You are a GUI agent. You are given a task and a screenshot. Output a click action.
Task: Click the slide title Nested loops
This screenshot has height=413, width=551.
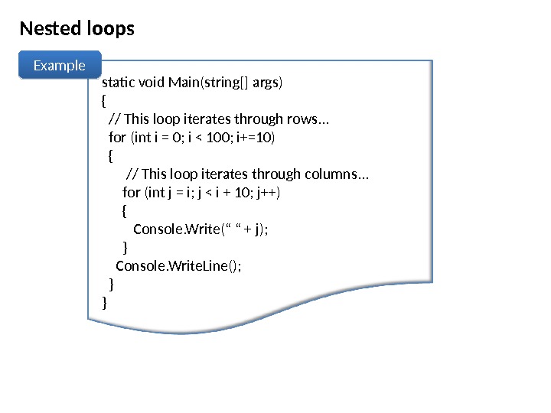point(77,29)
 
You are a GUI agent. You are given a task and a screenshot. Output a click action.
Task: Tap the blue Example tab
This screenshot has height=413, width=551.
point(60,66)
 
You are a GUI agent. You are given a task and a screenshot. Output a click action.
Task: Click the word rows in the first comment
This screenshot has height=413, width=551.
point(303,119)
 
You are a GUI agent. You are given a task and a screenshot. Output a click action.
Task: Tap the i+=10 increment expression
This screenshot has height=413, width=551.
point(256,137)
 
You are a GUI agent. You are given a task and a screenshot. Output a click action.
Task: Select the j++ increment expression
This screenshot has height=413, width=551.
point(268,192)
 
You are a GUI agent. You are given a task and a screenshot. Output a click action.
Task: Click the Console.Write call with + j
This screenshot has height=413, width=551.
point(201,229)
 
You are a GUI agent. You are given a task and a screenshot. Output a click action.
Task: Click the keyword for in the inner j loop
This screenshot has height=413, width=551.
point(132,192)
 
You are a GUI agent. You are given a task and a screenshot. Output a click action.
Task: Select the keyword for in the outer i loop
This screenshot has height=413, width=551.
point(118,137)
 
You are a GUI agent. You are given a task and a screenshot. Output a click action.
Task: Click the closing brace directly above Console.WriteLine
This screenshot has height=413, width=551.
point(126,247)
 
